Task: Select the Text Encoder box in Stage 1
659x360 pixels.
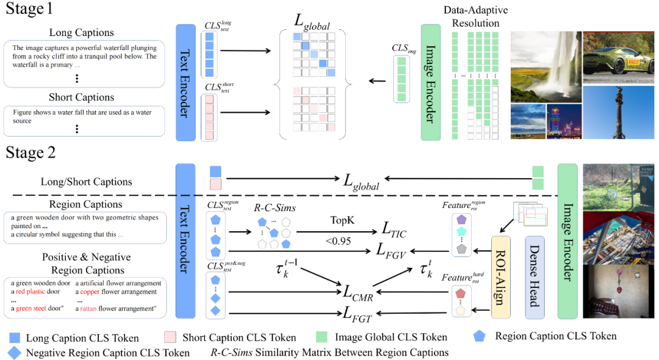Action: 185,81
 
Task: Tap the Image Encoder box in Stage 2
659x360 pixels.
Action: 567,240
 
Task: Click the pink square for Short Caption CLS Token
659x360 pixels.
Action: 171,337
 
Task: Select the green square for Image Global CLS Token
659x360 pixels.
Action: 322,337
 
